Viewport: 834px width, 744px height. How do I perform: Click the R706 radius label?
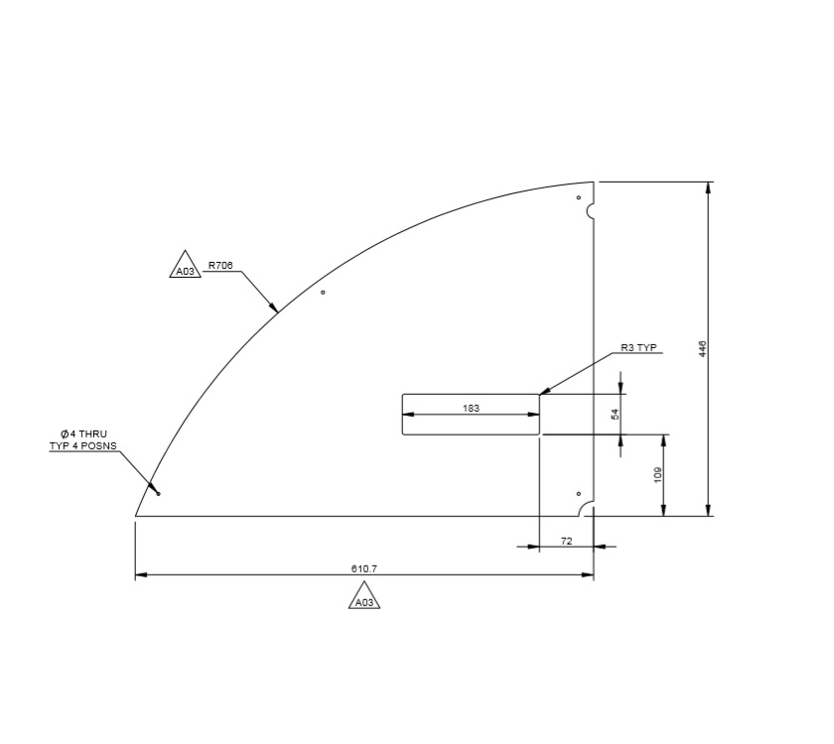pyautogui.click(x=219, y=266)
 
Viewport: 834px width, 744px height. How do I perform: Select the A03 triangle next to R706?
pyautogui.click(x=186, y=269)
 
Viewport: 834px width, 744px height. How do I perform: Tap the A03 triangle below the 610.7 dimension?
pyautogui.click(x=364, y=599)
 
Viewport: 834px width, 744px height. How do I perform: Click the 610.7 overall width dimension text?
pyautogui.click(x=364, y=568)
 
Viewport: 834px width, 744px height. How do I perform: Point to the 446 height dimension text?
pyautogui.click(x=703, y=348)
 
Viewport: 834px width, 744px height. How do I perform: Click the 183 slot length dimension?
pyautogui.click(x=472, y=408)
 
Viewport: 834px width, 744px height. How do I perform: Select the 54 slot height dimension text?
pyautogui.click(x=615, y=414)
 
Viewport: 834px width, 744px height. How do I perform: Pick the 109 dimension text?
pyautogui.click(x=657, y=475)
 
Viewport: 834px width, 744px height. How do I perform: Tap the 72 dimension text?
pyautogui.click(x=567, y=540)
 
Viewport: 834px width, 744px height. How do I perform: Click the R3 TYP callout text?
pyautogui.click(x=638, y=348)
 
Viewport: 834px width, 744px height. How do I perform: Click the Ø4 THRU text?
pyautogui.click(x=83, y=434)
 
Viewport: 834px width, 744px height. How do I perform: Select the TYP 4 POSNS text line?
pyautogui.click(x=83, y=446)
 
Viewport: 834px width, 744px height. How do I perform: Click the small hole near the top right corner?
pyautogui.click(x=579, y=197)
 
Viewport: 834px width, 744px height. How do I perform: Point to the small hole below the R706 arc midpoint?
pyautogui.click(x=323, y=292)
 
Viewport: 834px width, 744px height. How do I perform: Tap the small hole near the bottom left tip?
pyautogui.click(x=158, y=493)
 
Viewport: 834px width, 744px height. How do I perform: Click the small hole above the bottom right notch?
pyautogui.click(x=578, y=493)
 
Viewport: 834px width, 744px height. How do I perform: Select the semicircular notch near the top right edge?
pyautogui.click(x=590, y=211)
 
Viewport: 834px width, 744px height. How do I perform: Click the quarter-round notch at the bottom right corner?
pyautogui.click(x=588, y=509)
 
